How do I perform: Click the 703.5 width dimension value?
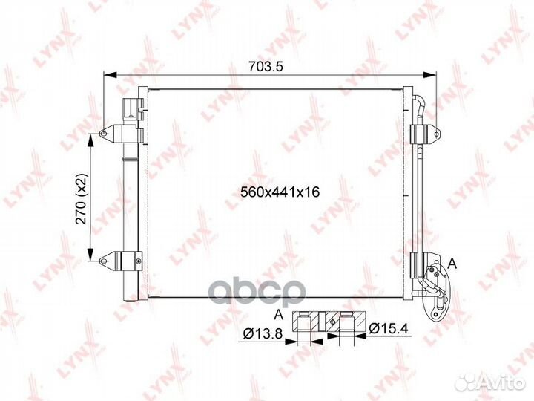(268, 66)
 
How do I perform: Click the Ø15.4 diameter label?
(389, 327)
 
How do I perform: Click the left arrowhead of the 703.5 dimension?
(108, 75)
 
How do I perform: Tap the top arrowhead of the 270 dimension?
(91, 138)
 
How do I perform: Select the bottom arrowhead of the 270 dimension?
(91, 255)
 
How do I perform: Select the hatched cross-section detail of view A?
(331, 322)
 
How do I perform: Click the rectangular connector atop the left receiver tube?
(131, 107)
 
